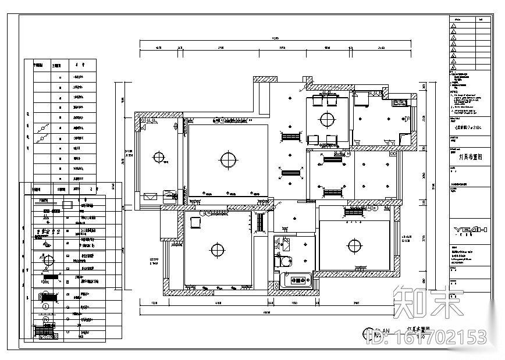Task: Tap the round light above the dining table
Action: point(326,119)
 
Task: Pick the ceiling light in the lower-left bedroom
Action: point(217,249)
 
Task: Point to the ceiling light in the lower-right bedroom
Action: point(354,246)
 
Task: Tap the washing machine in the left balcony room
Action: point(169,195)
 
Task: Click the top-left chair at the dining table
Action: point(318,101)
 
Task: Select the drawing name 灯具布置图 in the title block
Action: point(468,156)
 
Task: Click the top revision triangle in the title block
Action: point(454,27)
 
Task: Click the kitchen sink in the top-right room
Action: point(399,104)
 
